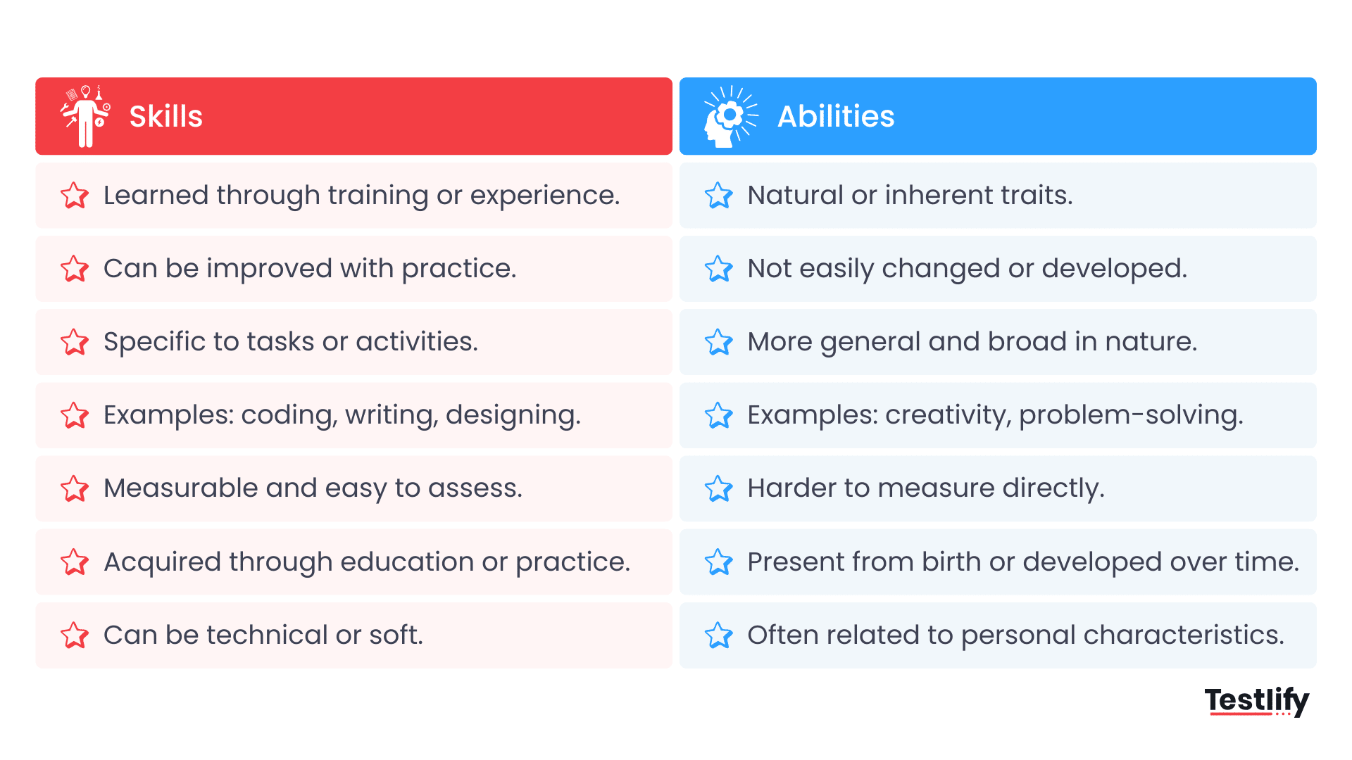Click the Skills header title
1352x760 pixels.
click(165, 117)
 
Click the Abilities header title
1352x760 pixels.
click(835, 117)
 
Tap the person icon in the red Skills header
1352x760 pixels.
click(85, 117)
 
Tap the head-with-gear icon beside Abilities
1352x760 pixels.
click(730, 117)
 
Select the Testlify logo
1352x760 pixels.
click(1256, 701)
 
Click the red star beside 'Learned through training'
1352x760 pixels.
click(75, 196)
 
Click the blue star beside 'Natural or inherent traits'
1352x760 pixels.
click(718, 196)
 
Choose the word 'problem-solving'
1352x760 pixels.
click(1130, 415)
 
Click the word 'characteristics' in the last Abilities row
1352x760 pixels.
click(1183, 635)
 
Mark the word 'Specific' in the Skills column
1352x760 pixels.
click(154, 342)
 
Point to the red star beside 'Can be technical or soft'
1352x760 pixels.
click(75, 635)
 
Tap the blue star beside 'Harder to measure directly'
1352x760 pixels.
click(718, 488)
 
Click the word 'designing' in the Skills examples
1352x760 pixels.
click(513, 415)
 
